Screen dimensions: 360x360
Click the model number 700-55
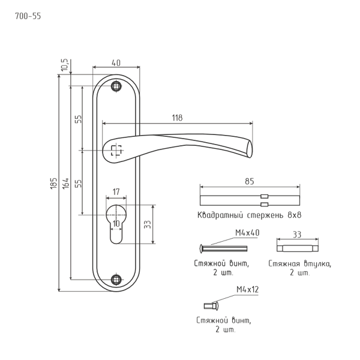pos(28,16)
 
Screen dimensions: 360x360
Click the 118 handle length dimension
pos(176,118)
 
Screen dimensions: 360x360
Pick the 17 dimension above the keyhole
pos(116,192)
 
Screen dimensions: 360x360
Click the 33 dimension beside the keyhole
pos(147,224)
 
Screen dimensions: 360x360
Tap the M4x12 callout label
pos(247,290)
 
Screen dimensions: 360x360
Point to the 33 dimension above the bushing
pos(296,234)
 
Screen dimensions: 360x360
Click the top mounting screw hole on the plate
pos(116,86)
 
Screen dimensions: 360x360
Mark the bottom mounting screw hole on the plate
pos(116,278)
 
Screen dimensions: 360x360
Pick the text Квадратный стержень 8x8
pos(248,214)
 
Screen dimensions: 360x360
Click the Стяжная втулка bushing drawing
pos(296,247)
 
